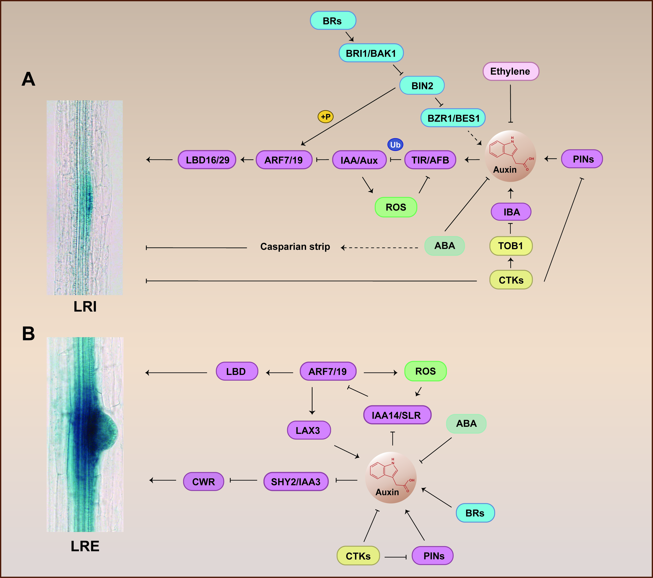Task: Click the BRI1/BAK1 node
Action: click(x=371, y=53)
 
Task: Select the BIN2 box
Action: click(x=422, y=86)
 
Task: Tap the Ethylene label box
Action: click(x=510, y=71)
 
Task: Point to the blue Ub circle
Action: click(x=395, y=145)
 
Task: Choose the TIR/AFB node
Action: click(x=430, y=160)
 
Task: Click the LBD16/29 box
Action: click(x=207, y=160)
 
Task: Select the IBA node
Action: click(x=511, y=212)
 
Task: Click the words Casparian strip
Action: click(x=295, y=247)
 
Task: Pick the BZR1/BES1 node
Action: click(x=453, y=118)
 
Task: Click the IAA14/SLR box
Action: click(x=397, y=415)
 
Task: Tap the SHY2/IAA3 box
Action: click(x=296, y=482)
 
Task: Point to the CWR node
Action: click(x=204, y=482)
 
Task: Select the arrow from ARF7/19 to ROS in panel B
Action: click(x=380, y=373)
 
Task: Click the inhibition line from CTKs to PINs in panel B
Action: click(x=395, y=557)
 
